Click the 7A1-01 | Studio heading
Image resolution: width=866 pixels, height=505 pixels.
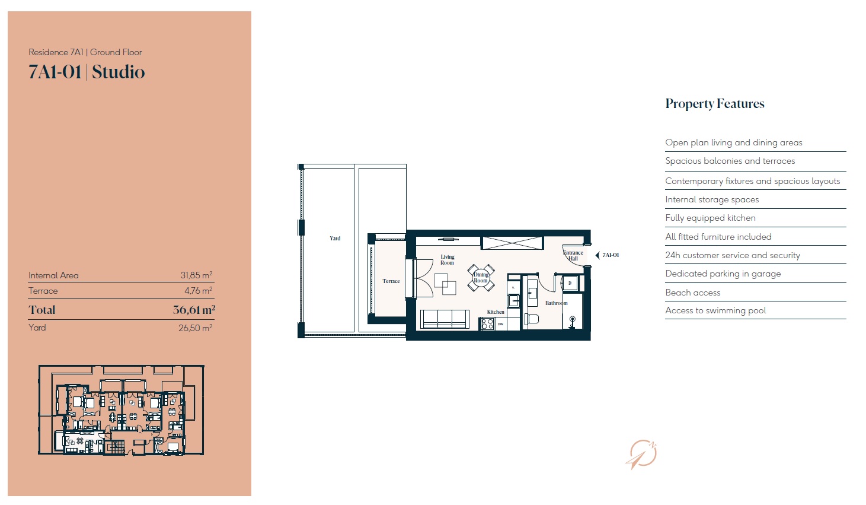87,72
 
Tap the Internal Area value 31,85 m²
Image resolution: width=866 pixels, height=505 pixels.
196,275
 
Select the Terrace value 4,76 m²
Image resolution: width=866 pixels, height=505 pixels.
199,291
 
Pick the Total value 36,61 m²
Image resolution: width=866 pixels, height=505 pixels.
194,310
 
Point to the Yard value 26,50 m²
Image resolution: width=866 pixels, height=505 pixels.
195,328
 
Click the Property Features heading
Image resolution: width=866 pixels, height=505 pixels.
715,104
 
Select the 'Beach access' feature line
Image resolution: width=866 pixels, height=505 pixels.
693,293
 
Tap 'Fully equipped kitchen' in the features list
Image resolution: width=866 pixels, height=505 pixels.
710,218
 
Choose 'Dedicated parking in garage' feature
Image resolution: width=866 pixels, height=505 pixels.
723,274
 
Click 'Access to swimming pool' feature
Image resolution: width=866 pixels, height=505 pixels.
715,310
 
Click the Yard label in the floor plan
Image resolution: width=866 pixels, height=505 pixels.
335,239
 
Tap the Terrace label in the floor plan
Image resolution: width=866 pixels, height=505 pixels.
391,281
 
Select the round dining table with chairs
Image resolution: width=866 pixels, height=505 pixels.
481,278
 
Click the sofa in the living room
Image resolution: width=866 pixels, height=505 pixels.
445,319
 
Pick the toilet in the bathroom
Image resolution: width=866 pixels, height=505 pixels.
532,319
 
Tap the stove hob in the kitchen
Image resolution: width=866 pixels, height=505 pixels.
487,324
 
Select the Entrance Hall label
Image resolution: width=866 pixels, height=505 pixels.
573,255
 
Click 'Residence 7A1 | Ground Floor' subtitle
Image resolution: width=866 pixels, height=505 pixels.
85,52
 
